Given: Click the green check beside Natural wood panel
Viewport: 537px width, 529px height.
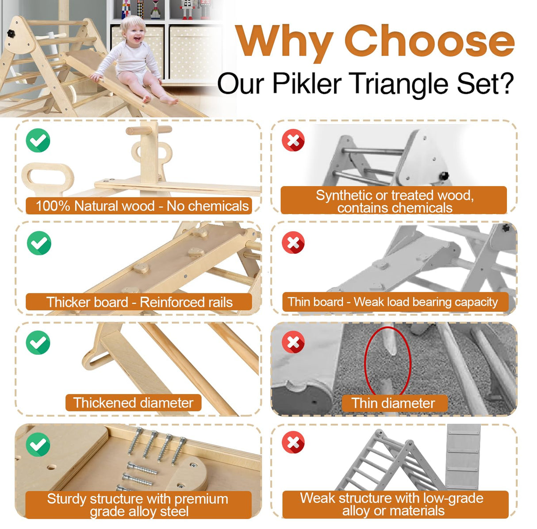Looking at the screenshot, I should click(x=38, y=141).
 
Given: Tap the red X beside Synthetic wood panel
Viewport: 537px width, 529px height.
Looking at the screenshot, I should click(x=293, y=141).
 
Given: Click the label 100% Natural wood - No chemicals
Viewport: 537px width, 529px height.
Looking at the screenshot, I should click(x=142, y=206).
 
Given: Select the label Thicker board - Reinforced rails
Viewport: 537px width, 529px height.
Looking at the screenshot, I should click(x=139, y=302).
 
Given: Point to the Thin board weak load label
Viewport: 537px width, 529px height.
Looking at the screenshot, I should click(x=393, y=302).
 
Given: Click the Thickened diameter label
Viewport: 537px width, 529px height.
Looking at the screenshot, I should click(x=133, y=403).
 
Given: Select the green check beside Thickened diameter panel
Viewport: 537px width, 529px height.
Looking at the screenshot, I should click(x=38, y=343).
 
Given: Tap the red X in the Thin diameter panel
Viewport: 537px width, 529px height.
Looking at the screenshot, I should click(x=293, y=342).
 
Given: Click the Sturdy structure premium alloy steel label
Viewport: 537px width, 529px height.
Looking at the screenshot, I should click(x=138, y=505).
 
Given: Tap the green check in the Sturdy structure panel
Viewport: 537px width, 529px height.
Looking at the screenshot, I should click(x=38, y=444).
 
